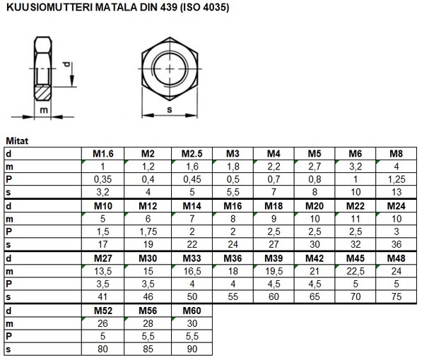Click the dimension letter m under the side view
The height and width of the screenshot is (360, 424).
[x=43, y=110]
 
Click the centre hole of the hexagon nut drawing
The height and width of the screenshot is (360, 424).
[x=172, y=66]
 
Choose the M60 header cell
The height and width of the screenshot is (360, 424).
[x=192, y=311]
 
